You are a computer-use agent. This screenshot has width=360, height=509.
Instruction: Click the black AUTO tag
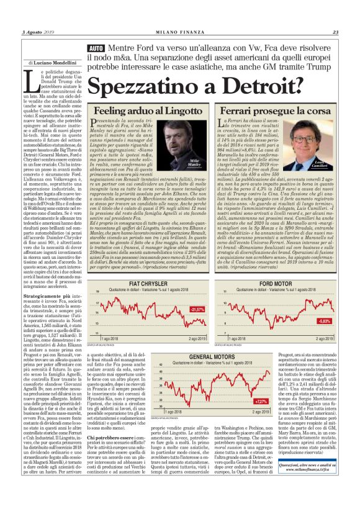pyautogui.click(x=96, y=48)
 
